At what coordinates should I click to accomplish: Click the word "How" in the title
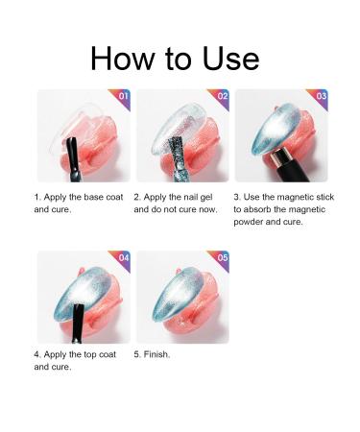(x=122, y=59)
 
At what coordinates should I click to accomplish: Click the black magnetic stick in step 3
(x=288, y=166)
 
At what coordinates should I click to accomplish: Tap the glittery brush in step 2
(x=176, y=160)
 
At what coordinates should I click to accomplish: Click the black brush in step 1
(x=74, y=160)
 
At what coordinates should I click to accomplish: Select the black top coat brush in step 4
(x=78, y=324)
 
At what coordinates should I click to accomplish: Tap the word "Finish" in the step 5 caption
(x=156, y=354)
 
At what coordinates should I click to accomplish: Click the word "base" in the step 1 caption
(x=94, y=197)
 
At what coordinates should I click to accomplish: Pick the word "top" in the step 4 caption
(x=90, y=354)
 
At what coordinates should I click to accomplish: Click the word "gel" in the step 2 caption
(x=206, y=198)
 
